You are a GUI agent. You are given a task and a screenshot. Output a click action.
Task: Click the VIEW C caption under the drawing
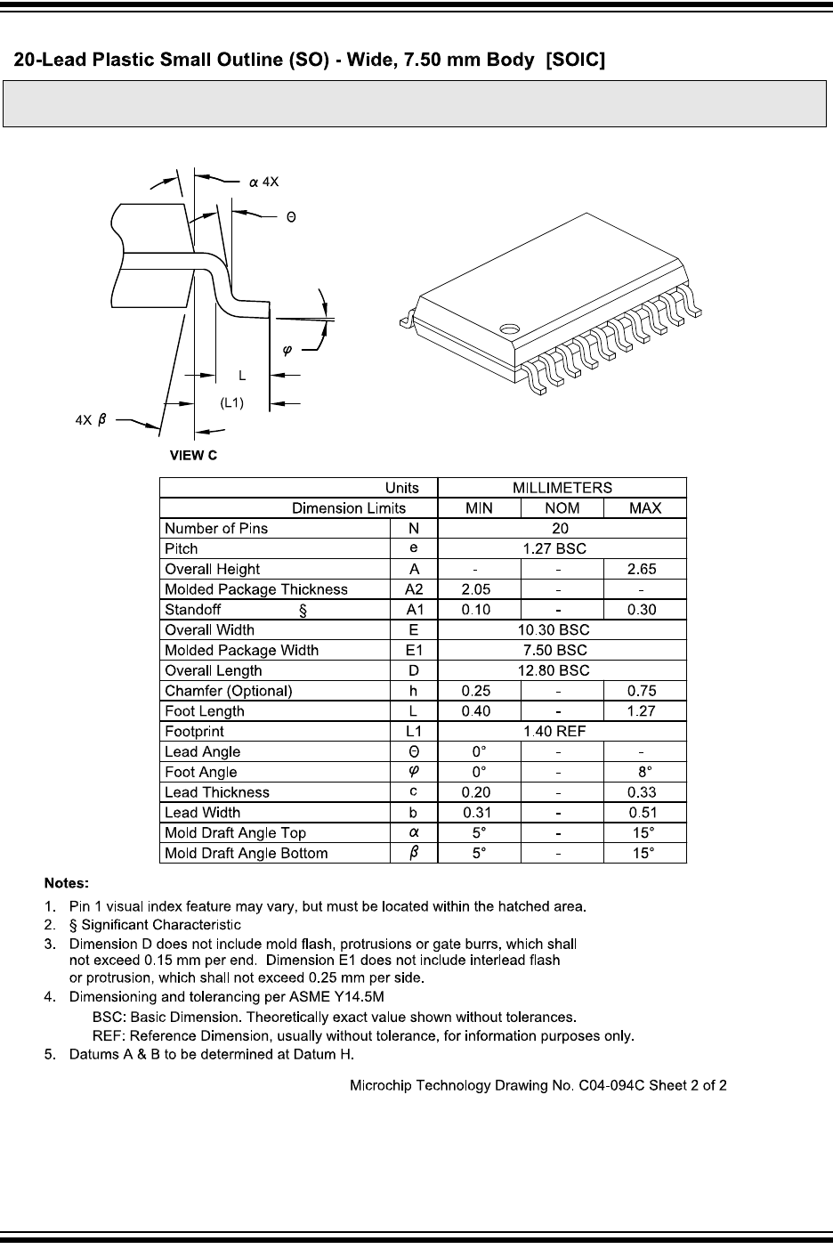click(x=193, y=456)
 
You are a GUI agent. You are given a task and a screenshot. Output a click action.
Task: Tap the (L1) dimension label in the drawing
click(x=231, y=403)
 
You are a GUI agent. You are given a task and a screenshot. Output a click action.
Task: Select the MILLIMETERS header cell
click(x=562, y=488)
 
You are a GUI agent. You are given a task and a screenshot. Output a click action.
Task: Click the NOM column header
click(x=562, y=508)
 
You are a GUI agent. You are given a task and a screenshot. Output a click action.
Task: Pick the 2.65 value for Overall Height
click(x=644, y=569)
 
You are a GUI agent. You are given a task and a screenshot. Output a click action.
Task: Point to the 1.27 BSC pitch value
click(x=562, y=548)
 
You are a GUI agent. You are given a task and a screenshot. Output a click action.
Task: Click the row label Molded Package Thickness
click(x=256, y=589)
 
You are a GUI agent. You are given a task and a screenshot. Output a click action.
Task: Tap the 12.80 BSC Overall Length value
click(x=562, y=670)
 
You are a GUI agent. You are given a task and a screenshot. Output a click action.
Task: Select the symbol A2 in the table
click(x=414, y=589)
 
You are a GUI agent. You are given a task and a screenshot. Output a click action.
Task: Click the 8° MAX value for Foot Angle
click(x=644, y=772)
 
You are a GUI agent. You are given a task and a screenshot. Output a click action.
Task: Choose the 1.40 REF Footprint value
click(x=562, y=732)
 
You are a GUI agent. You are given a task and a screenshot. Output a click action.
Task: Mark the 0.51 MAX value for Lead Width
click(x=644, y=813)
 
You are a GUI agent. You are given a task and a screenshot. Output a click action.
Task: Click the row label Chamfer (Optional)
click(x=229, y=691)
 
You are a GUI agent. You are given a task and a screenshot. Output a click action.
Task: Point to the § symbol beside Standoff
click(x=303, y=611)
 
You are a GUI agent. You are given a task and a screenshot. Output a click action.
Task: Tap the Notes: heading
click(x=67, y=884)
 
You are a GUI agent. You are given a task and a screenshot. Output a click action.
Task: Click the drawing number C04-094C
click(x=610, y=1085)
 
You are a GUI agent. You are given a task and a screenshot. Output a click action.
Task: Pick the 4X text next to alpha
click(x=271, y=182)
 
